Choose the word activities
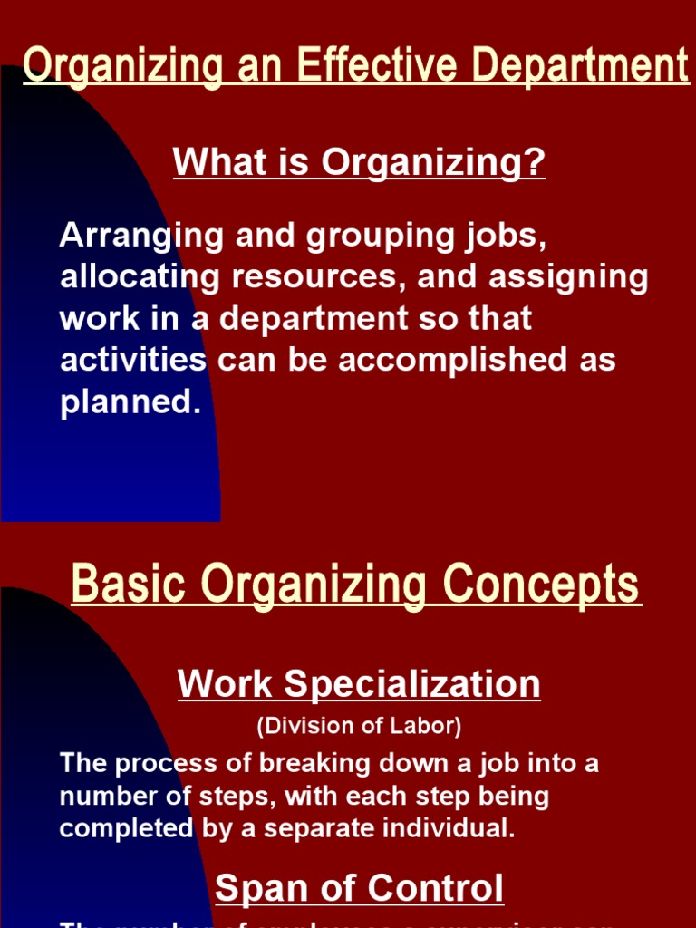[133, 360]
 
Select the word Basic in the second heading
[129, 584]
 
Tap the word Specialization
[412, 684]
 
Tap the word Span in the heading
[255, 889]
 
